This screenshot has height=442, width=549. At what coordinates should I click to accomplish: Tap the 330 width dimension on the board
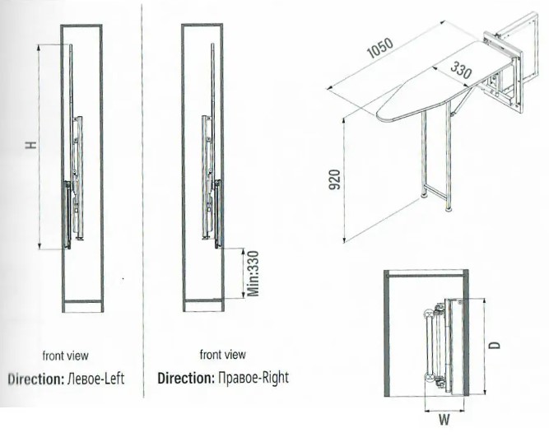462,72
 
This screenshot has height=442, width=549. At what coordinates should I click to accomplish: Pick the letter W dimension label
444,419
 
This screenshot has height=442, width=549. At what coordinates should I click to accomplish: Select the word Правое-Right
254,379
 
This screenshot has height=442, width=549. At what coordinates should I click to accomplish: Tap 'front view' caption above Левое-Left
65,356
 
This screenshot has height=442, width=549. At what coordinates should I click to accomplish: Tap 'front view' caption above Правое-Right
222,355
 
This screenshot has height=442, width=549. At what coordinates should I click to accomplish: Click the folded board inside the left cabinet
75,181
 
